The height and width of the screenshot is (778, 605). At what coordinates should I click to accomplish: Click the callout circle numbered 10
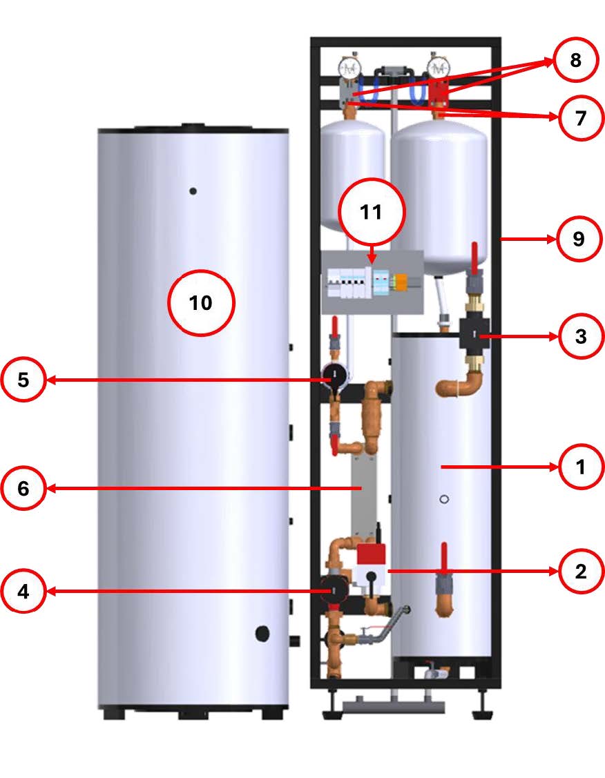[x=201, y=302]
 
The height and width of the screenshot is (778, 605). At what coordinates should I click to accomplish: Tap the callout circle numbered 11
[x=372, y=212]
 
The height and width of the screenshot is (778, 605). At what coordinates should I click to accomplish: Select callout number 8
[x=576, y=59]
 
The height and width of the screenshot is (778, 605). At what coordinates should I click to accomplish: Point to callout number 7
[x=582, y=118]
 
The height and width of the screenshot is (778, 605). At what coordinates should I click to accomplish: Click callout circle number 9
[x=579, y=239]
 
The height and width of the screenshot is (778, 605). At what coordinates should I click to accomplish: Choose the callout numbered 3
[x=582, y=336]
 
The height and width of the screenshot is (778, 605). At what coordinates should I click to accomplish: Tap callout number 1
[x=582, y=467]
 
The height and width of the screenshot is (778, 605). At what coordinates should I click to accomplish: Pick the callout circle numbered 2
[x=582, y=571]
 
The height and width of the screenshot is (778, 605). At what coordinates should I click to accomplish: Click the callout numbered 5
[x=23, y=380]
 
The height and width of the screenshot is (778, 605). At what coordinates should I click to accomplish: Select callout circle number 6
[x=23, y=488]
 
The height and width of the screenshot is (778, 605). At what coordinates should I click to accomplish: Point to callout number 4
[x=23, y=592]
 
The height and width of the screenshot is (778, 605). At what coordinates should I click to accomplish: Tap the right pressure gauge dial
[x=439, y=68]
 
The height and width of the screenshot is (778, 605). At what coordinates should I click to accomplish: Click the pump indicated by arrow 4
[x=334, y=590]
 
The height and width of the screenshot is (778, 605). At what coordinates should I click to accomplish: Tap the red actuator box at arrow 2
[x=372, y=554]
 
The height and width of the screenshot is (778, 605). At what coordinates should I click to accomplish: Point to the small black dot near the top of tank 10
[x=193, y=191]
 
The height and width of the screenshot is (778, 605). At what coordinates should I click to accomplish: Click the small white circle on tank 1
[x=445, y=499]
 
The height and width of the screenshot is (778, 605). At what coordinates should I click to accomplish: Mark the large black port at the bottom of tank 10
[x=262, y=633]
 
